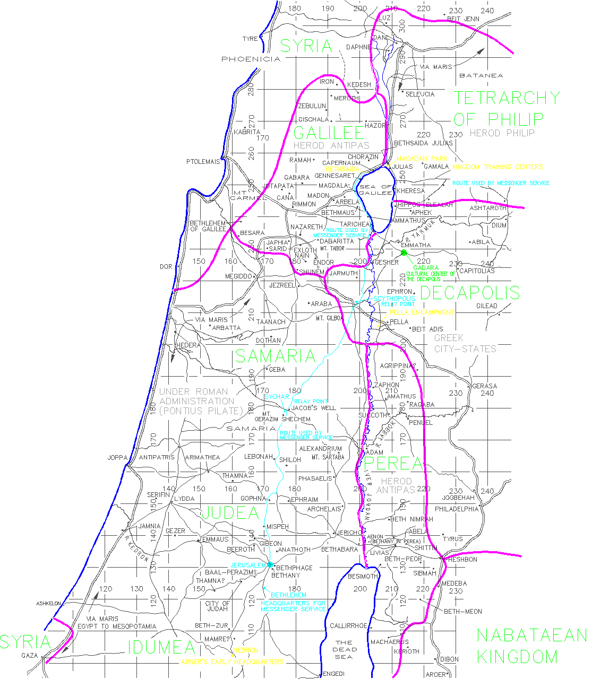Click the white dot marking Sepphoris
point(292,219)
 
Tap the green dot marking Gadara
point(404,253)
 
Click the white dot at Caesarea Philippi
point(410,39)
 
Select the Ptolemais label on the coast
point(203,162)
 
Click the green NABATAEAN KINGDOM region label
point(531,646)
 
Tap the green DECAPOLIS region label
point(470,292)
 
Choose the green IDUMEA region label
point(161,647)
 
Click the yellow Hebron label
point(245,650)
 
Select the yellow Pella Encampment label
point(422,312)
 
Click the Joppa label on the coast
point(117,457)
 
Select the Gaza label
point(30,655)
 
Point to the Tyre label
point(250,39)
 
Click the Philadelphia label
point(457,509)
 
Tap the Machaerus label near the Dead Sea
point(390,642)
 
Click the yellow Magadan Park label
point(422,159)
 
